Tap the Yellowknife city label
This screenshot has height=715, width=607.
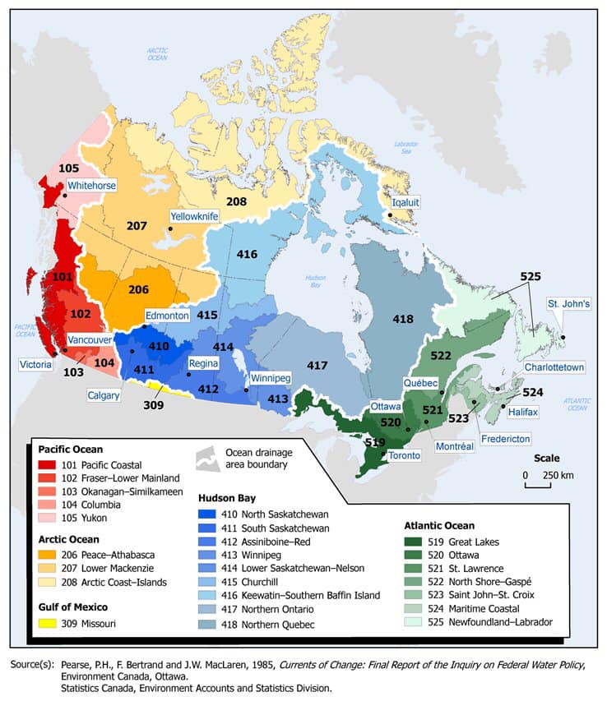click(x=195, y=216)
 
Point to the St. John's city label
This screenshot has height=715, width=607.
click(x=568, y=304)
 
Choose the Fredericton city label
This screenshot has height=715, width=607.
click(x=505, y=438)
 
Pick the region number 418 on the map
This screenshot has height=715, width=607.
click(x=402, y=318)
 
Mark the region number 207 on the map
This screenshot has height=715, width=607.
click(x=137, y=225)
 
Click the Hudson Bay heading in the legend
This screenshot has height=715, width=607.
click(x=227, y=498)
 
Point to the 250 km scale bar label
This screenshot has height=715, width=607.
click(x=557, y=476)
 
